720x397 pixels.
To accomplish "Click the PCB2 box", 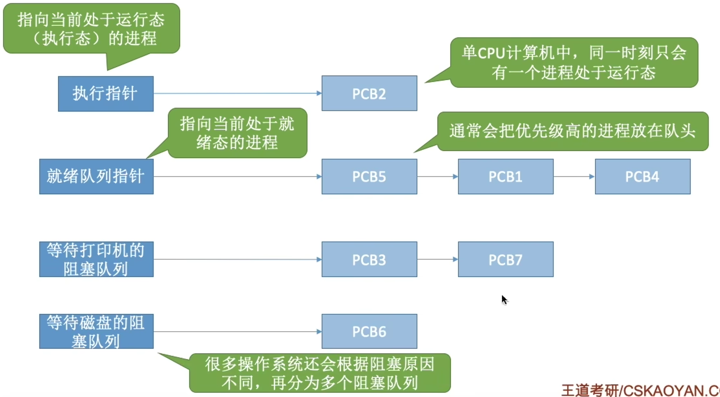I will click(369, 93).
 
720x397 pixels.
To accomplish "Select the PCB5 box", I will click(369, 176).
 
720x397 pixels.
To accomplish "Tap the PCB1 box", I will click(505, 176).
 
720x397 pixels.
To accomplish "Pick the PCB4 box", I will click(642, 176).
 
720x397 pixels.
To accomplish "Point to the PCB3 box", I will click(369, 259).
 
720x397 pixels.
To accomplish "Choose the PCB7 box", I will click(505, 259).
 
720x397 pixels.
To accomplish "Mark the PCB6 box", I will click(369, 331).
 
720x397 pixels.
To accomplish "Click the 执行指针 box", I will click(105, 93).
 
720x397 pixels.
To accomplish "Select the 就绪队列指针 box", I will click(96, 176).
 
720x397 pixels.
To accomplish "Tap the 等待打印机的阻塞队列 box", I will click(96, 259).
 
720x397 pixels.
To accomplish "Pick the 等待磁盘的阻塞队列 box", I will click(96, 331).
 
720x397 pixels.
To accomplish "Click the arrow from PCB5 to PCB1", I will click(437, 176).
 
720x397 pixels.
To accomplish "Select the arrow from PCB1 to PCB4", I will click(574, 176).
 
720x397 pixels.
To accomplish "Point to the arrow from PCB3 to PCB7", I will click(437, 259).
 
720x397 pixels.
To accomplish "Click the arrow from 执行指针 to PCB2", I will click(237, 93).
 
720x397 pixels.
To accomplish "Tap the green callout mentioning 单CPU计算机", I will click(574, 62).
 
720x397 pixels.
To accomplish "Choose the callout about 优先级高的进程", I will click(572, 131).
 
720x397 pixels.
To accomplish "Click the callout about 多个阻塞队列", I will click(320, 373).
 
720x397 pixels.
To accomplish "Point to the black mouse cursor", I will click(504, 300).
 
